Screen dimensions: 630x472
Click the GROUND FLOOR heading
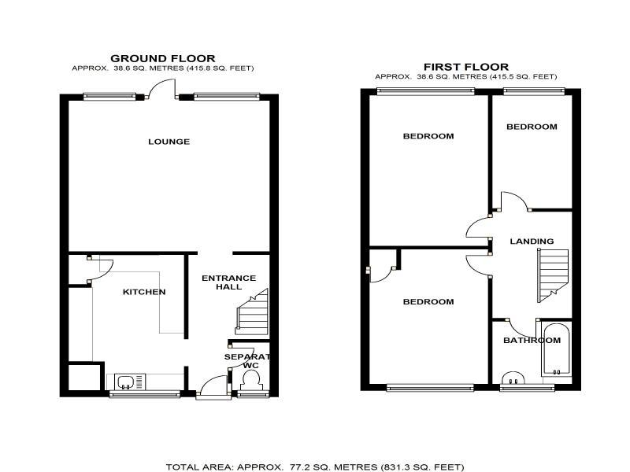coord(163,58)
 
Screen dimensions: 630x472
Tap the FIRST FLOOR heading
coord(466,67)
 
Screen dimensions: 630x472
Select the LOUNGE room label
coord(169,142)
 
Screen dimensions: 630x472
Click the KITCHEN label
coord(144,292)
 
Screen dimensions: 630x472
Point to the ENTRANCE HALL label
coord(228,282)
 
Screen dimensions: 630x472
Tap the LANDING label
coord(532,242)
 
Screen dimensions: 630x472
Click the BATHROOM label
coord(532,341)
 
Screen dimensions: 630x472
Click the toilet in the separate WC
coord(252,380)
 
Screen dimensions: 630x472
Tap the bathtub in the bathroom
coord(556,349)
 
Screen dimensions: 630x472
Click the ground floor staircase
coord(252,312)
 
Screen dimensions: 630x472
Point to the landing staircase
coord(553,275)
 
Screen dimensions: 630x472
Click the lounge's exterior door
coord(163,87)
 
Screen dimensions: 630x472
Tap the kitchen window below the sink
coord(145,395)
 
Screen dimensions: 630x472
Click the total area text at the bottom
coord(315,466)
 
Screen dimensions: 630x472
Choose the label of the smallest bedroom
coord(532,127)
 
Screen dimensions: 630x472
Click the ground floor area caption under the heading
coord(163,68)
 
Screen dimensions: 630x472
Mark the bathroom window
coord(527,388)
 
